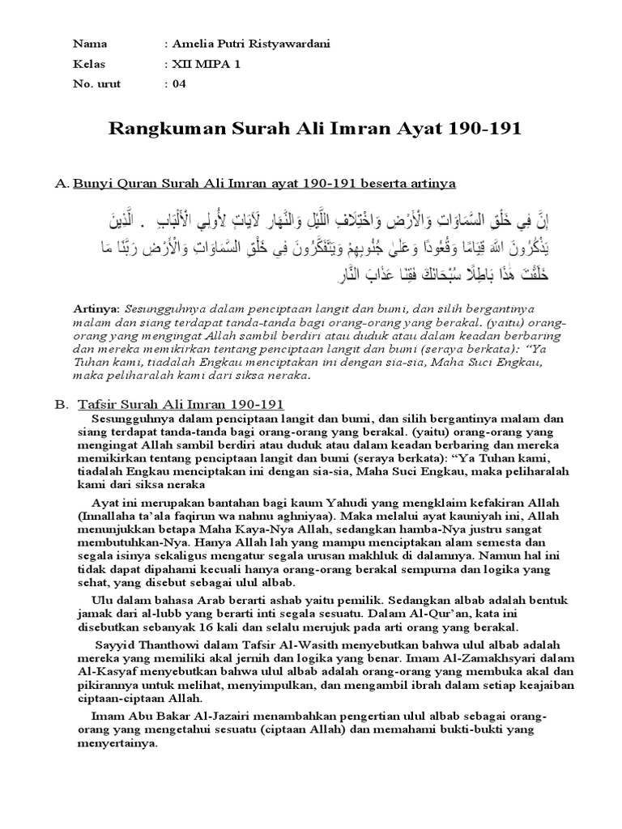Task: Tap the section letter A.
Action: (x=60, y=184)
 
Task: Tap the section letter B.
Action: (x=60, y=403)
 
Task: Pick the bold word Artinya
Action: (x=95, y=308)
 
